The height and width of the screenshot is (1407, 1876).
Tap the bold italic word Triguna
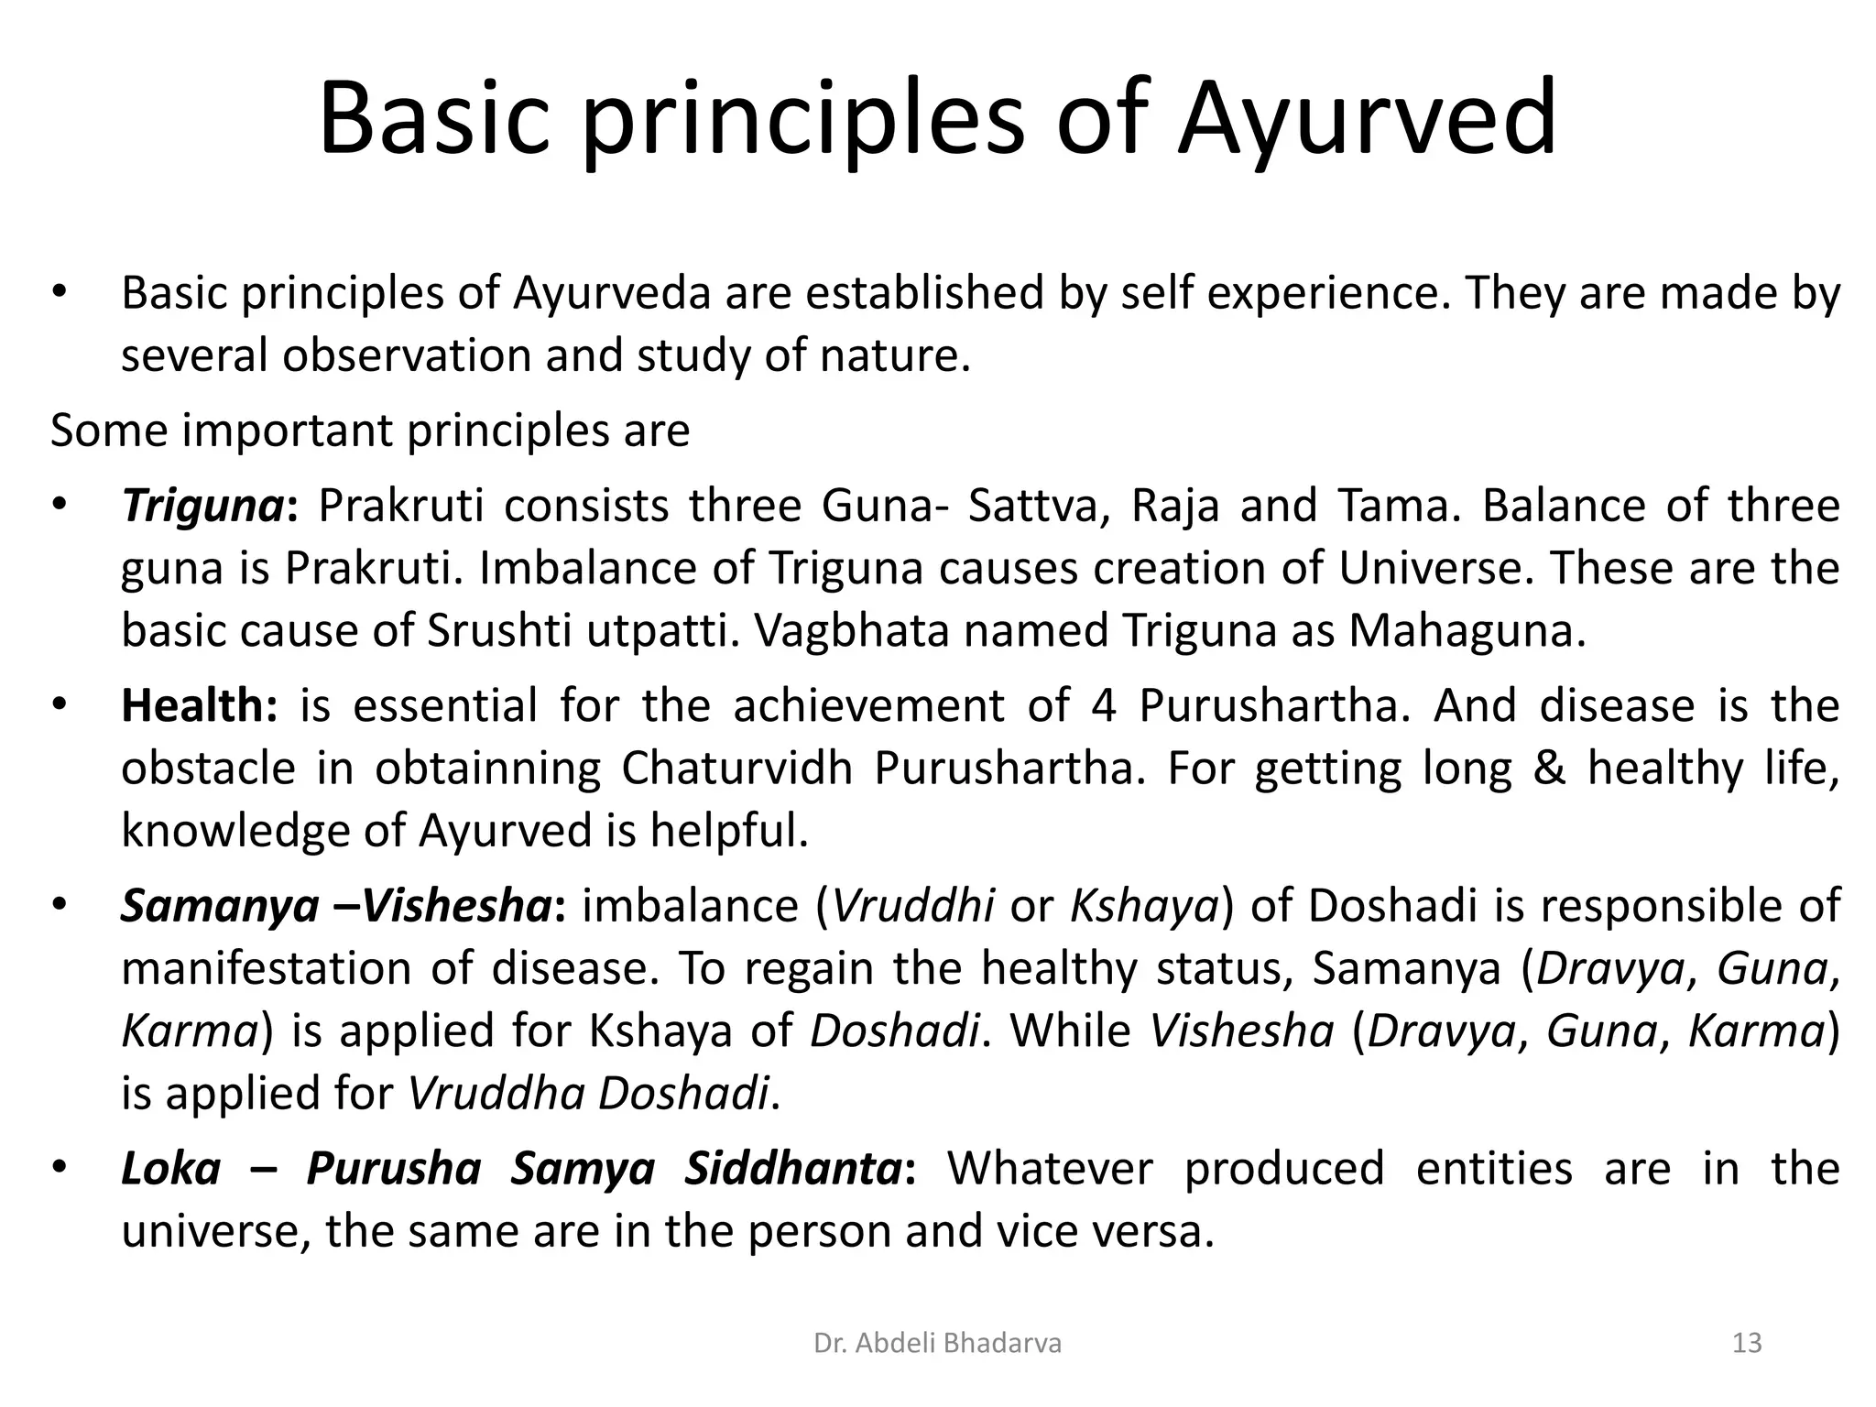point(203,507)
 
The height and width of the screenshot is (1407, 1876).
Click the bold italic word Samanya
point(219,906)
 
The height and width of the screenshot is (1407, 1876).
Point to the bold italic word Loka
point(171,1169)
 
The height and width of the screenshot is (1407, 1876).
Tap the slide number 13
point(1748,1344)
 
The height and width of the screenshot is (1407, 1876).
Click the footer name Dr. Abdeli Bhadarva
point(937,1344)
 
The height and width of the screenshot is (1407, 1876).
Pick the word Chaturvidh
point(736,769)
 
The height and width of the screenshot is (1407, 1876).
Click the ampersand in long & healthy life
point(1549,769)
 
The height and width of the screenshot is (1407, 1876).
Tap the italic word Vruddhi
point(914,906)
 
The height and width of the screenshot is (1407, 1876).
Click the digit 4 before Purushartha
point(1104,706)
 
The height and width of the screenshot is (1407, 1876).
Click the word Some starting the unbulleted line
point(109,431)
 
